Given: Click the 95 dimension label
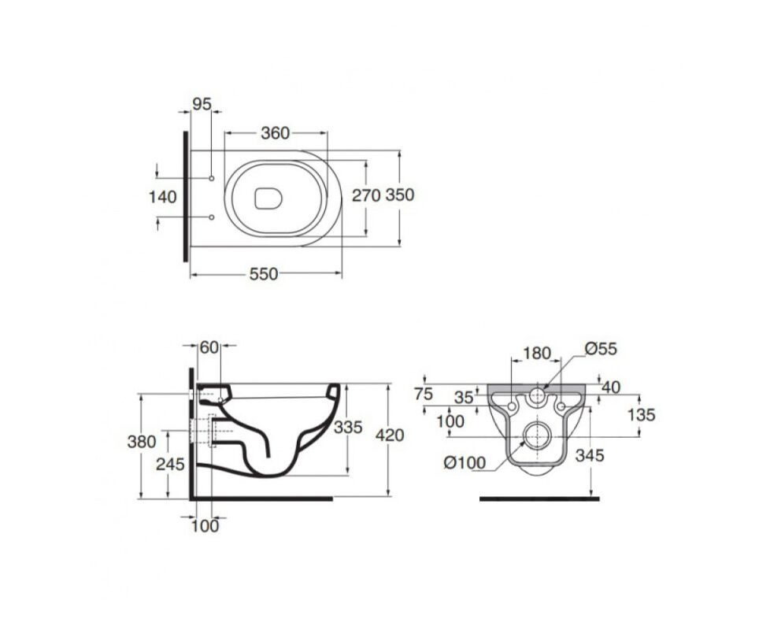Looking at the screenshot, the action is pyautogui.click(x=202, y=104).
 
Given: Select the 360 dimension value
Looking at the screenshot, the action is pyautogui.click(x=275, y=132).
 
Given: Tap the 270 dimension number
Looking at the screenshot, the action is pyautogui.click(x=366, y=195).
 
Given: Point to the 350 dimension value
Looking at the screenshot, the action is pyautogui.click(x=400, y=195).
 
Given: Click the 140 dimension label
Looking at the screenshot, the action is pyautogui.click(x=162, y=197).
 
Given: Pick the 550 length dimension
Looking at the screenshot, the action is pyautogui.click(x=264, y=274).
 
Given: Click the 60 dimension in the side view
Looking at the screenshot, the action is pyautogui.click(x=209, y=347).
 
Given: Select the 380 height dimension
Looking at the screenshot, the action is pyautogui.click(x=142, y=442).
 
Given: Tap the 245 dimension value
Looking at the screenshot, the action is pyautogui.click(x=170, y=464).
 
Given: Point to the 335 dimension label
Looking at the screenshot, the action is pyautogui.click(x=348, y=427).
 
